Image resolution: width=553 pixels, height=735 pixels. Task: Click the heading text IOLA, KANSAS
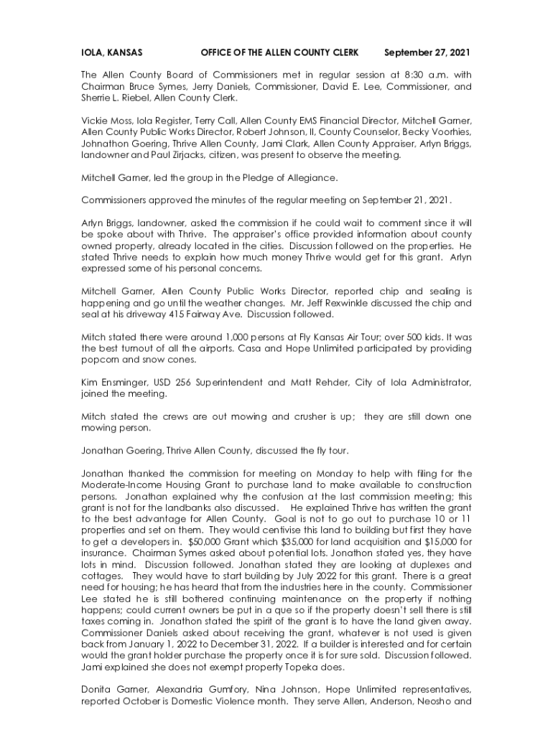coord(111,53)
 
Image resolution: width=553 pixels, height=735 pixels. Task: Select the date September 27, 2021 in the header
coord(427,53)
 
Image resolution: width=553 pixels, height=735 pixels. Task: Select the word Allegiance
coord(311,177)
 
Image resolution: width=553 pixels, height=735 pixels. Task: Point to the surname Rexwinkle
coord(338,303)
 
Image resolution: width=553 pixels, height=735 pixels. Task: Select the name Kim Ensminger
coord(113,383)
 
